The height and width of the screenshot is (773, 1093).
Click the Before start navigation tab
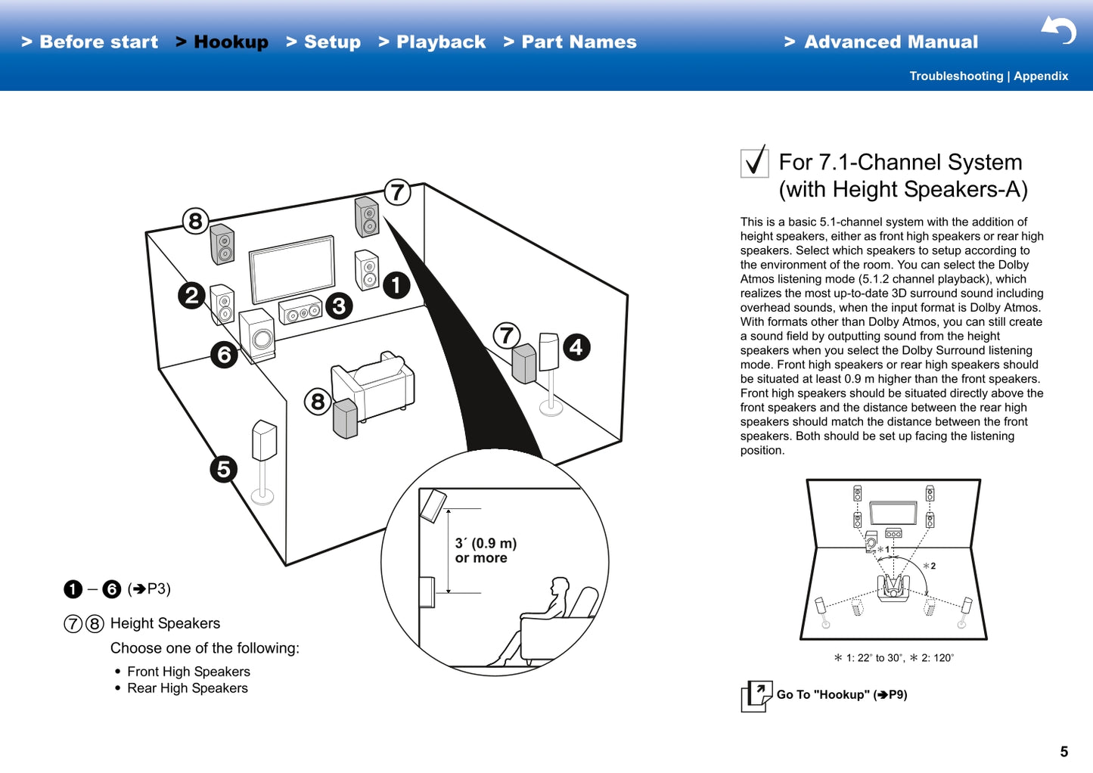point(91,42)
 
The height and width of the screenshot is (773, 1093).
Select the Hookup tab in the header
point(222,42)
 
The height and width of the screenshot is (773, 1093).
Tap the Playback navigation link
point(433,42)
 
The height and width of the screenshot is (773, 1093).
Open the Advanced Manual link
point(882,42)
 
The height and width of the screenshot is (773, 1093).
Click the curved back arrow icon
point(1059,30)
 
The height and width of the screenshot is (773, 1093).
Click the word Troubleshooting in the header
point(955,76)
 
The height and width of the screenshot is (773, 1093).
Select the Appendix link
point(1041,76)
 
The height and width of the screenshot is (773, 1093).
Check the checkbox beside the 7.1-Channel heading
point(754,162)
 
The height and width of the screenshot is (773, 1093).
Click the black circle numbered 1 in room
point(396,286)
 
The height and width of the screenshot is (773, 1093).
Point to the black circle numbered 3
point(339,306)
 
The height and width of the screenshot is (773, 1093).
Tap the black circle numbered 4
point(576,347)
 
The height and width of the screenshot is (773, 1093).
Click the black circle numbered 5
point(223,469)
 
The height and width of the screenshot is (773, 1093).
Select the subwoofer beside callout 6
point(257,337)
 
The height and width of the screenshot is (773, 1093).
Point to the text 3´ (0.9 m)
point(486,543)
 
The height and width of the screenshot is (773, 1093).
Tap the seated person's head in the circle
point(560,587)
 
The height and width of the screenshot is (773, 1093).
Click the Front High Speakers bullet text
point(188,672)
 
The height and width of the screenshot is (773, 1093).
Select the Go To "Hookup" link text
point(841,694)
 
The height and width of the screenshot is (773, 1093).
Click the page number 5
point(1064,752)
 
